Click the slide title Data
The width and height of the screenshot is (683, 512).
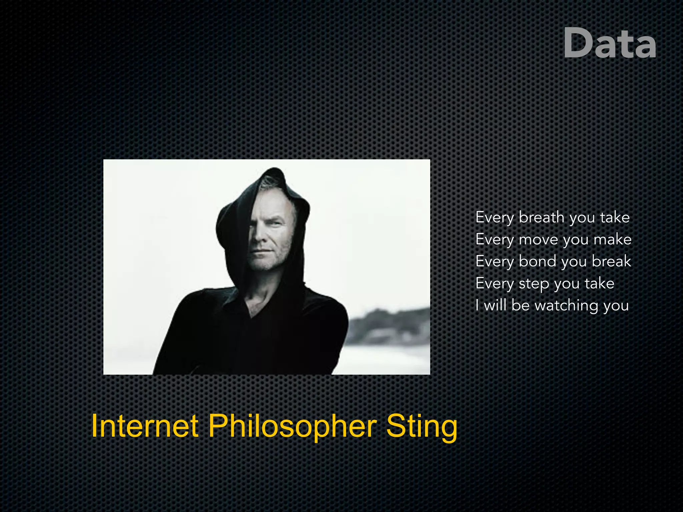[610, 43]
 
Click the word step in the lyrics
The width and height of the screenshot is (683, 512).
[534, 284]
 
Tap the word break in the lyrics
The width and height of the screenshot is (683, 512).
[611, 261]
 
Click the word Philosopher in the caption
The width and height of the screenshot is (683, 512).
[292, 427]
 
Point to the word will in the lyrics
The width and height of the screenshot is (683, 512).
[495, 305]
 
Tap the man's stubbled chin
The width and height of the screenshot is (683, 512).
[263, 265]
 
